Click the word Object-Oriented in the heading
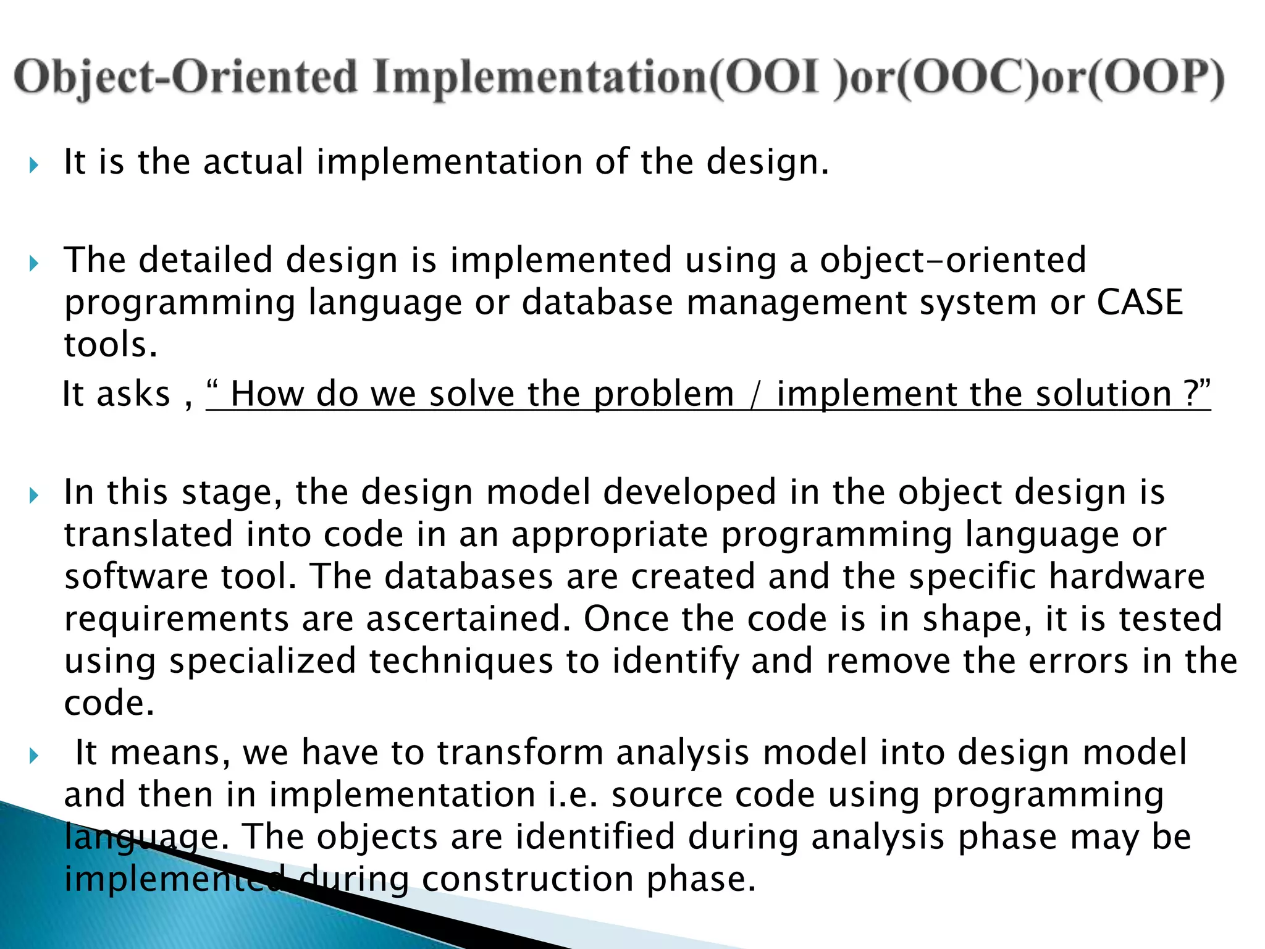185,79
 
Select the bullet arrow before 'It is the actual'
34,165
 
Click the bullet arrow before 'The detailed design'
34,264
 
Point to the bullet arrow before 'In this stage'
34,496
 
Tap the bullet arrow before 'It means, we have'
34,756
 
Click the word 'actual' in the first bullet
253,162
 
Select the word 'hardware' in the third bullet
1127,576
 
